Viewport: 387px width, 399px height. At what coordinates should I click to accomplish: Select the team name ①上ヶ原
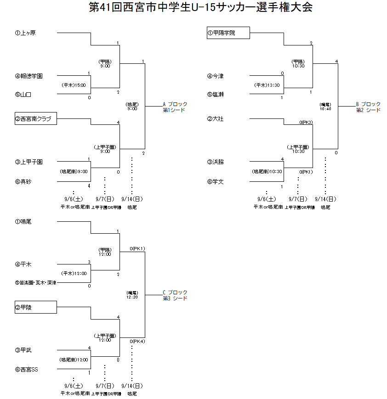(x=25, y=33)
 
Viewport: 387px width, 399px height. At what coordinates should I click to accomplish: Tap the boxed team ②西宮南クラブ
(x=35, y=119)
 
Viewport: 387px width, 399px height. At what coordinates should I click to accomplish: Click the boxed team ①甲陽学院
(x=228, y=33)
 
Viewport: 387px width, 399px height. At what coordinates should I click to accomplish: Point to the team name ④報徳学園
(x=28, y=76)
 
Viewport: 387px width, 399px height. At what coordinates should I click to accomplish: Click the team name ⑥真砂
(x=23, y=181)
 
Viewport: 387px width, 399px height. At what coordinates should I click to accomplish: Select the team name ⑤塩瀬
(x=216, y=94)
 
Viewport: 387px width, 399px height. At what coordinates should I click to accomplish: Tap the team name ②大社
(x=216, y=119)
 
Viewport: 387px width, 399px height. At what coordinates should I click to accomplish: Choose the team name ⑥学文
(x=216, y=181)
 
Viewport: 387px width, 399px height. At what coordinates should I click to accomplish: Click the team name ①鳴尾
(x=23, y=221)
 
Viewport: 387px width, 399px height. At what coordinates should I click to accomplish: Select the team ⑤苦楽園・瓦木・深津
(x=35, y=283)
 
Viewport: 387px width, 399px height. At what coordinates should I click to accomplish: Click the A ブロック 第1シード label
(x=175, y=107)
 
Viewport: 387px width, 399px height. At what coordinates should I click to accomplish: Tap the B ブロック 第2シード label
(x=368, y=107)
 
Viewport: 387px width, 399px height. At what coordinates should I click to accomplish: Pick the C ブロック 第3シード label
(x=175, y=295)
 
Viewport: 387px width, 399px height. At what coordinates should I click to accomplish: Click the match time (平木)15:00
(x=74, y=85)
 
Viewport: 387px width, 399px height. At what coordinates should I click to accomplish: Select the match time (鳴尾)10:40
(x=325, y=107)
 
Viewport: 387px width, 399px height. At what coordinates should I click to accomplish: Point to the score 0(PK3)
(x=306, y=122)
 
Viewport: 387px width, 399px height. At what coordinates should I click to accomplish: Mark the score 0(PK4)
(x=137, y=341)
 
